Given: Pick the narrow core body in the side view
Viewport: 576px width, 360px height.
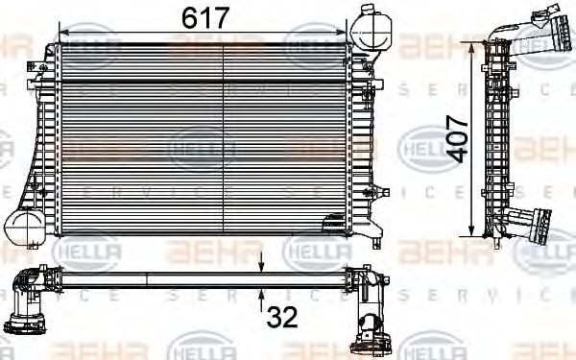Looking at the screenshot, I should tap(496, 139).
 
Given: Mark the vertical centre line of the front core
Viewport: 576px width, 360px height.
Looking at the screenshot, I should tap(223, 139).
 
